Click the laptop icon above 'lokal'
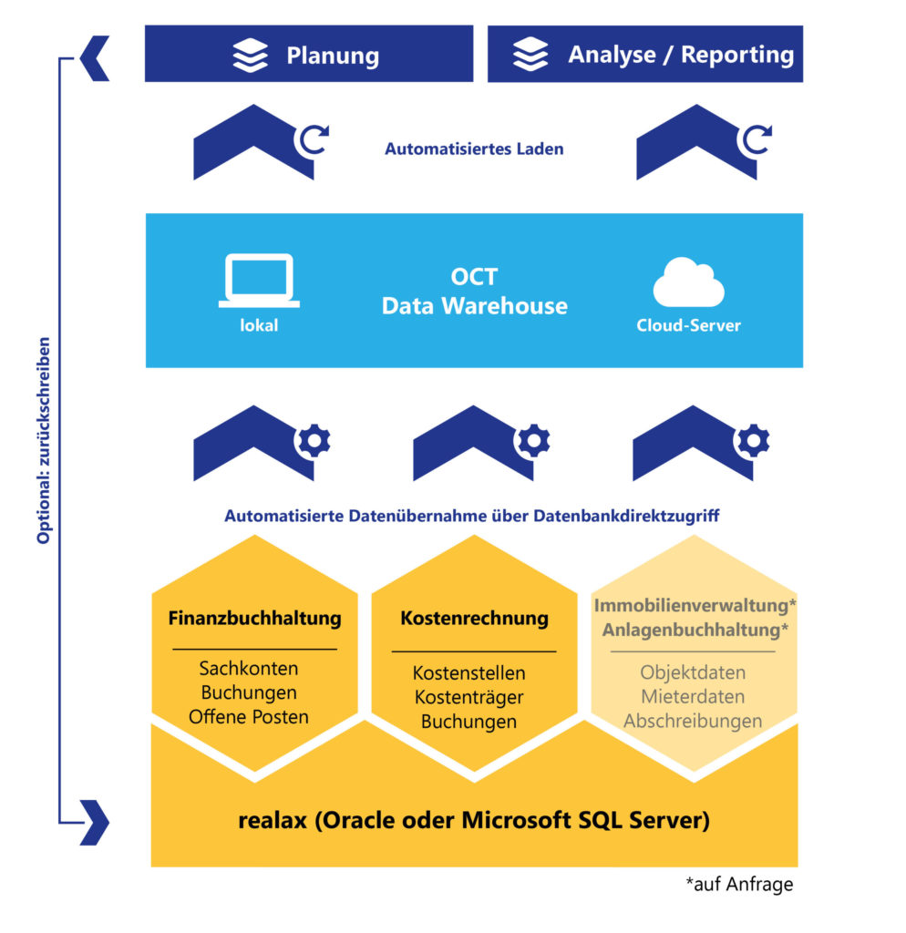pos(259,281)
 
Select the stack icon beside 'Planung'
pos(251,55)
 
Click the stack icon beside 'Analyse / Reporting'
pos(530,55)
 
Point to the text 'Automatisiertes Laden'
pos(474,149)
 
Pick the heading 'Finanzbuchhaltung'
pos(254,619)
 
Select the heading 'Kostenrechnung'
pos(474,619)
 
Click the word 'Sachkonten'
pos(248,669)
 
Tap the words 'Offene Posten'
pos(248,717)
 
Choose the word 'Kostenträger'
pos(468,698)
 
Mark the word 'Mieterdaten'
pos(693,697)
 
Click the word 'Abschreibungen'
pos(693,721)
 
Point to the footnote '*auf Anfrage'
pos(739,884)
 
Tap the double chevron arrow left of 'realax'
pos(94,822)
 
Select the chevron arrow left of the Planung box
pos(94,59)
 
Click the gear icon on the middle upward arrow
pos(533,442)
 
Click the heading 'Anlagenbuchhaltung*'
pos(695,630)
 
